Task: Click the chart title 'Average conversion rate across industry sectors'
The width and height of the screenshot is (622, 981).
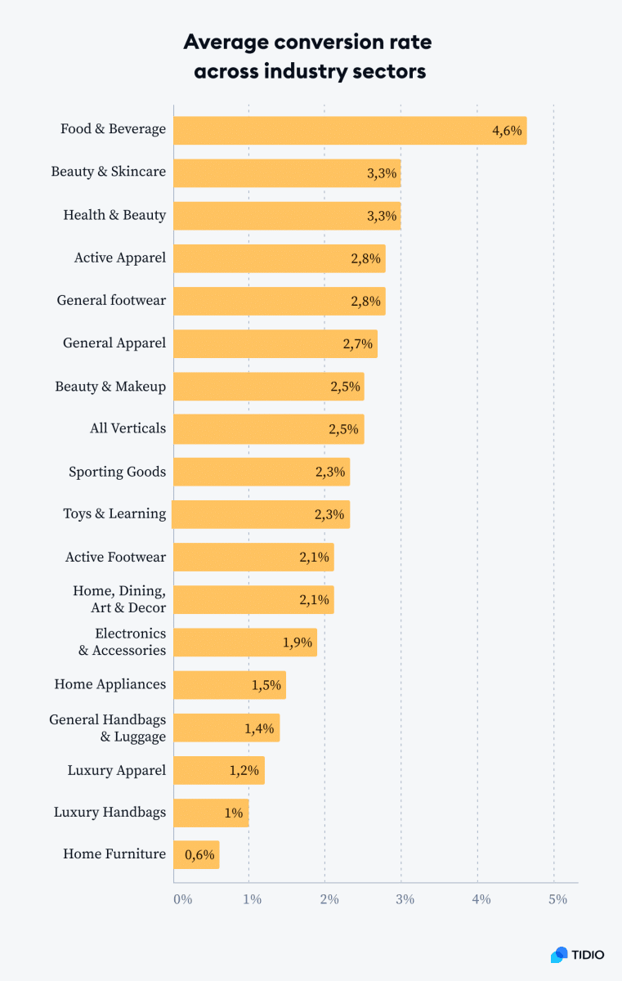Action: pos(310,56)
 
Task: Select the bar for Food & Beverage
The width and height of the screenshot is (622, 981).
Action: pos(350,130)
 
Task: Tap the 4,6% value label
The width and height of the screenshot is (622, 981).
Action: pos(506,131)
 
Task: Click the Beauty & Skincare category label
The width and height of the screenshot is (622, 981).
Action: pos(108,172)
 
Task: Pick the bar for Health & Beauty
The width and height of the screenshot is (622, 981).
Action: pos(286,216)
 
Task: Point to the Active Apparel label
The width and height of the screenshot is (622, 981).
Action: pos(119,258)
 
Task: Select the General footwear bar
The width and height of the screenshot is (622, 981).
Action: pos(279,301)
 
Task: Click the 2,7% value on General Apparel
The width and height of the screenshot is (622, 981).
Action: pos(357,343)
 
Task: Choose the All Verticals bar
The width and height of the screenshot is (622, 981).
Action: pos(268,428)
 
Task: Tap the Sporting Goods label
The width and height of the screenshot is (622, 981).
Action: pos(117,472)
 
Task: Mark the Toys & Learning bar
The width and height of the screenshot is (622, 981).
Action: pos(261,514)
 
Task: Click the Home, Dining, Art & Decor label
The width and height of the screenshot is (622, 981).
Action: pos(119,599)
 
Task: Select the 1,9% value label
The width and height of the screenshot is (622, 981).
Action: pos(298,643)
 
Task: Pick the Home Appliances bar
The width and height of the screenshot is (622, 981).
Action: pos(229,685)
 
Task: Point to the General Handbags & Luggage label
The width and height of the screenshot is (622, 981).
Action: pos(108,728)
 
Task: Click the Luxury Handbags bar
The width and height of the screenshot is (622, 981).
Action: pos(211,813)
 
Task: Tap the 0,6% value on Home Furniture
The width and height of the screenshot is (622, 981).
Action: pos(199,855)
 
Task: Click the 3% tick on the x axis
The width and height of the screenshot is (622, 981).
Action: pos(405,899)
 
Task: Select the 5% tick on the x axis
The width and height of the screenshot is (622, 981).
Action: pos(557,899)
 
